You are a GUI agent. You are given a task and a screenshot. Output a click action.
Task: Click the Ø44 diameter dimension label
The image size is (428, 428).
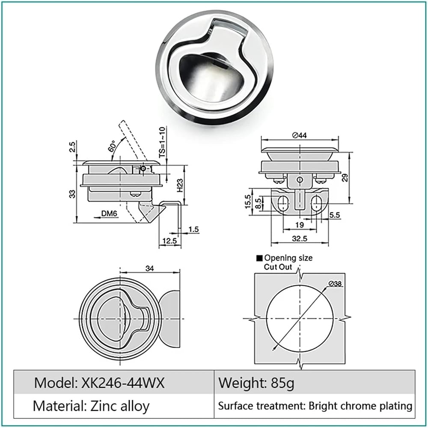[300, 135]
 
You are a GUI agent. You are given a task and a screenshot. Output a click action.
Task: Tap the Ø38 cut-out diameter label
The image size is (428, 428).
[335, 284]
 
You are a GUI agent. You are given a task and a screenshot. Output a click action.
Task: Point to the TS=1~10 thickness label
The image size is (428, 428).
[162, 142]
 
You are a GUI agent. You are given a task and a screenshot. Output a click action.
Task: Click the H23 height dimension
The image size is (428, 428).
[180, 185]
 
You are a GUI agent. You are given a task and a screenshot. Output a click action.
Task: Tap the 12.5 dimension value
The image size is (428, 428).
[169, 241]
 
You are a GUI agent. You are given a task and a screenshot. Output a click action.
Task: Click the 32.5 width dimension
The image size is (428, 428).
[300, 238]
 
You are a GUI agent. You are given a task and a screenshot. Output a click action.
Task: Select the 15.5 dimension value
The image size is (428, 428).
[247, 202]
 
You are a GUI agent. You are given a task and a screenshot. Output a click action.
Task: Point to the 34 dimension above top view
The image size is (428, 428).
[149, 268]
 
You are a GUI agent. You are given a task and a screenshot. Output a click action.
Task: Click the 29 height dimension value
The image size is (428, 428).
[345, 178]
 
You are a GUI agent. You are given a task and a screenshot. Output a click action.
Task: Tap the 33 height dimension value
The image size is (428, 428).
[72, 194]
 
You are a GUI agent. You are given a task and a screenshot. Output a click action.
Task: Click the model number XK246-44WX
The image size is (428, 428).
[123, 383]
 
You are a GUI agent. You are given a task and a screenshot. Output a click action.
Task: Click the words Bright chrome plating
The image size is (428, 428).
[360, 406]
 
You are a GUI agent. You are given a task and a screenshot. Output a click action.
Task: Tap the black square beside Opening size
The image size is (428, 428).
[259, 258]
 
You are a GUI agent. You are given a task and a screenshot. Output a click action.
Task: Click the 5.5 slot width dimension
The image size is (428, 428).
[335, 215]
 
